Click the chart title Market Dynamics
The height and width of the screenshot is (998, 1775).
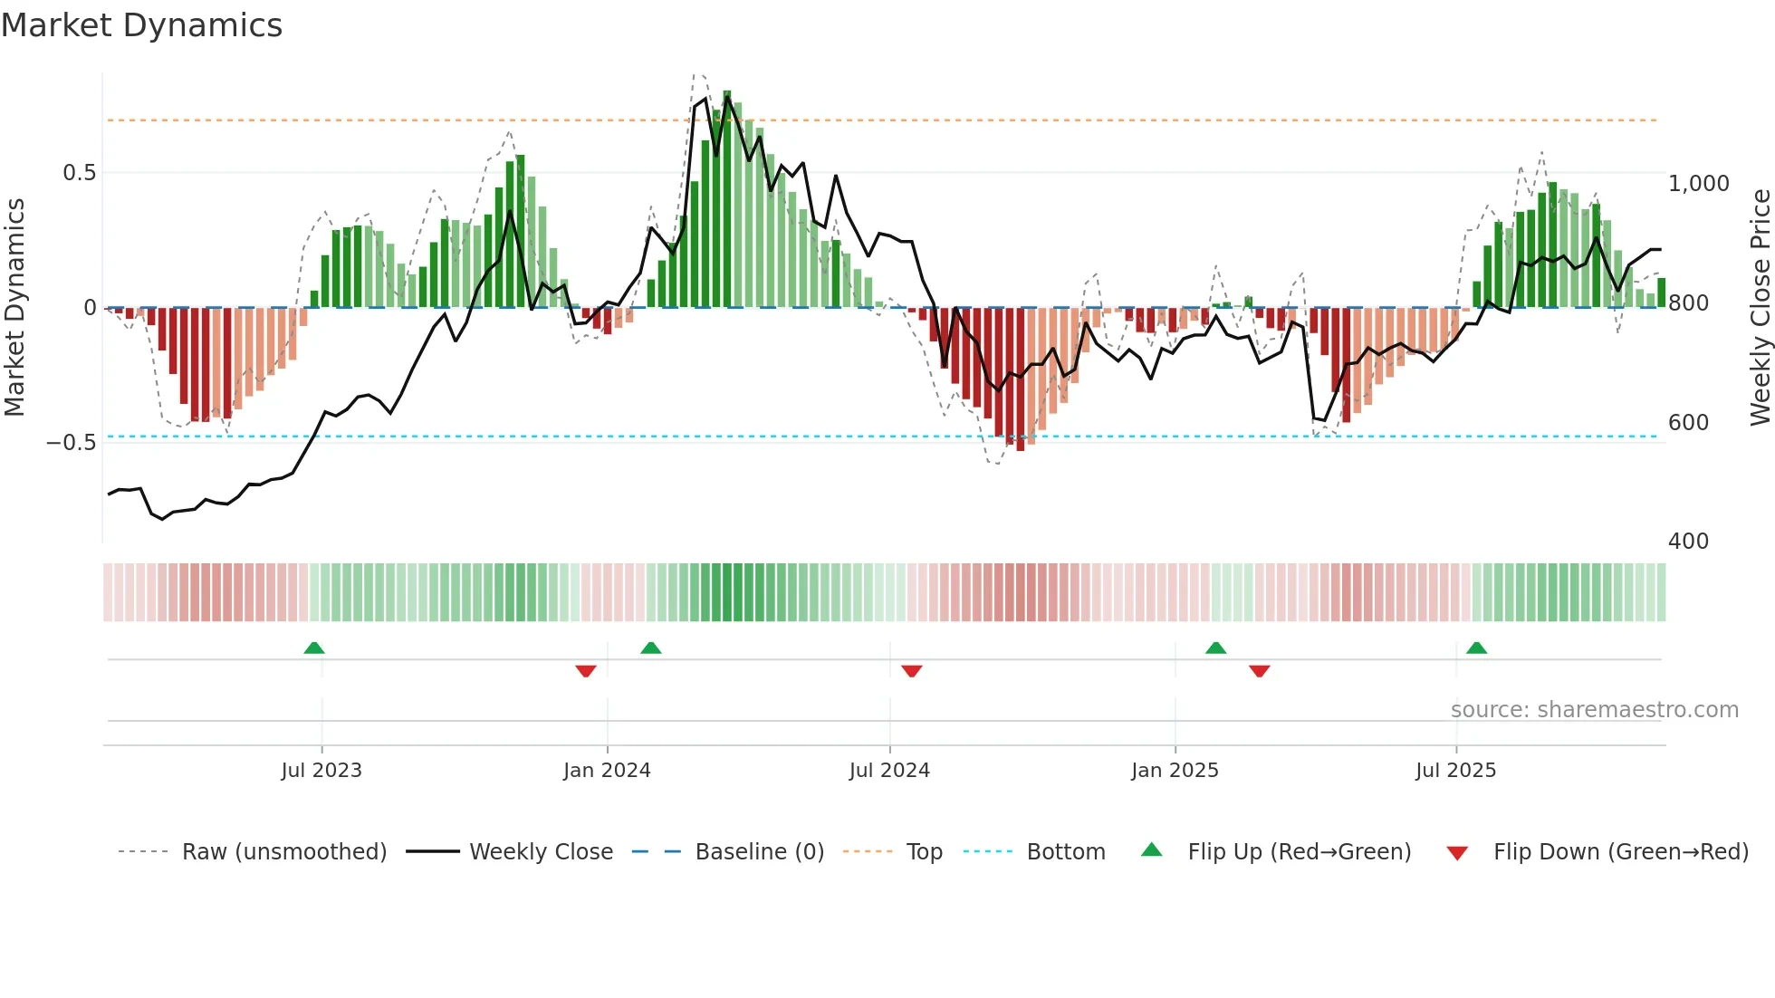141,25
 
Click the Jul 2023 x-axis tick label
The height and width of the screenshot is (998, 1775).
321,771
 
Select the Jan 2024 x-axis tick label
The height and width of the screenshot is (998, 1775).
607,771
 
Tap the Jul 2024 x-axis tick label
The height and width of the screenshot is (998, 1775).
889,771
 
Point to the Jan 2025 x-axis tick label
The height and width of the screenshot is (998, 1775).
1175,771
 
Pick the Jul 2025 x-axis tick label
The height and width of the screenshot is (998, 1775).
1456,771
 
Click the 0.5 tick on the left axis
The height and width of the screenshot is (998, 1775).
80,173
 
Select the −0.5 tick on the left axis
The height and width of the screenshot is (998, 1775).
72,443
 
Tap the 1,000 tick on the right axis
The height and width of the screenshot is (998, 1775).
1699,184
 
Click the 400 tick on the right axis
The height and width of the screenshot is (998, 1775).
1688,542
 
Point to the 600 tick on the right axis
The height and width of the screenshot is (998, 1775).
1688,423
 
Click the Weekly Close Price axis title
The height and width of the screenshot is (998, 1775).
1760,307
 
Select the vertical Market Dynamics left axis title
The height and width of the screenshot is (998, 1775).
14,307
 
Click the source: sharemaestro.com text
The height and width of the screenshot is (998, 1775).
1594,710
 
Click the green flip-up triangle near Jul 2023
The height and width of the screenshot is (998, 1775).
314,648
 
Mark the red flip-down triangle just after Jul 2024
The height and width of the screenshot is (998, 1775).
912,671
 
